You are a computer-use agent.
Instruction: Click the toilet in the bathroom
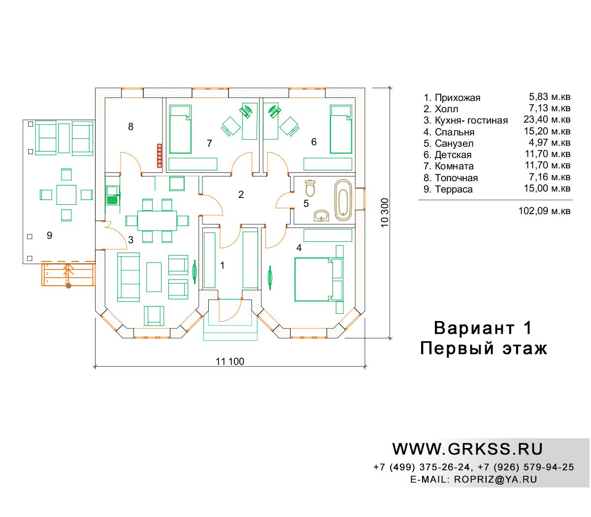(x=310, y=188)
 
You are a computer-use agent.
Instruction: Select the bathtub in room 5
(x=343, y=200)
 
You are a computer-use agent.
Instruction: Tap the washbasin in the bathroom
(x=322, y=216)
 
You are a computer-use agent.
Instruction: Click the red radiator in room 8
(x=159, y=156)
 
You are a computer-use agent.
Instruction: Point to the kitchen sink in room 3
(x=112, y=195)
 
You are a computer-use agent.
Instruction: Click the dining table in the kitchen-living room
(x=157, y=221)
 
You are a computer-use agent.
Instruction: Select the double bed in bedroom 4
(x=318, y=279)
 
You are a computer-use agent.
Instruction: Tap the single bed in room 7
(x=180, y=129)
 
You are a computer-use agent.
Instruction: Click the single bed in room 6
(x=341, y=129)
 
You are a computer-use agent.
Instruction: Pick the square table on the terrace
(x=66, y=194)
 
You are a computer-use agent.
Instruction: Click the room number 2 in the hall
(x=241, y=194)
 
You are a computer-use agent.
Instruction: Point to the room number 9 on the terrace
(x=49, y=235)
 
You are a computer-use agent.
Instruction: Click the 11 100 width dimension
(x=230, y=361)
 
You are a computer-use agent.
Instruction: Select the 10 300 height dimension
(x=385, y=213)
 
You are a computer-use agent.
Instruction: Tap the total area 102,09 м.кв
(x=544, y=211)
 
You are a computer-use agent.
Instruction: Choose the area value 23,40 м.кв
(x=547, y=119)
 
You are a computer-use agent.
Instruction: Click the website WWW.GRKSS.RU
(x=467, y=449)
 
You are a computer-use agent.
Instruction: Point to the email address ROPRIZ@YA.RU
(x=495, y=479)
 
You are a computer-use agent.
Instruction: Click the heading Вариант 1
(x=483, y=328)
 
